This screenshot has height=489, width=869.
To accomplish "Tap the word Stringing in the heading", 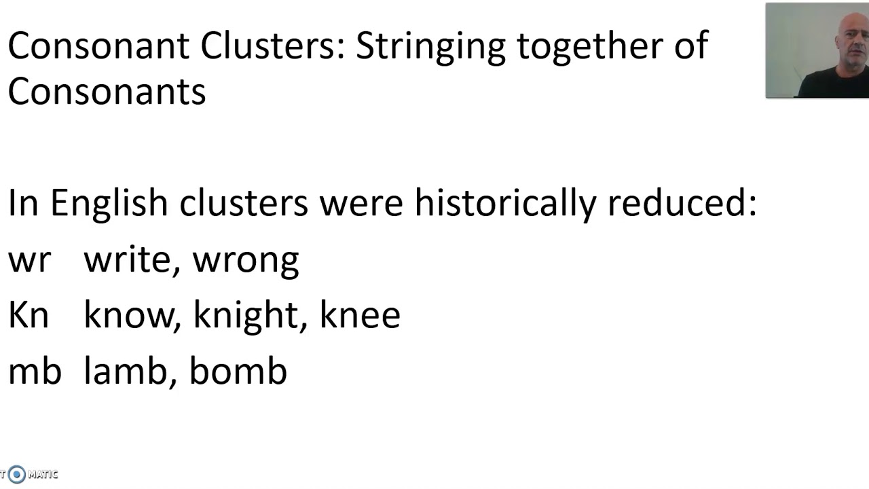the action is pos(430,48).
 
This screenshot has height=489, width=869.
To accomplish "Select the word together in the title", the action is pos(591,48).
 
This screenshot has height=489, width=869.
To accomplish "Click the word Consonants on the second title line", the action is pos(107,91).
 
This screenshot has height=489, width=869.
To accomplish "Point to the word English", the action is pos(109,203).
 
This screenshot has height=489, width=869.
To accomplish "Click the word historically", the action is pos(506,203).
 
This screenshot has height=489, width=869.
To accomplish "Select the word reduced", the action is pos(682,202).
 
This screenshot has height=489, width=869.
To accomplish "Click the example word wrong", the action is pos(246,262).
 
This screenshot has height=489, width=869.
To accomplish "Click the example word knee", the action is pos(360,315).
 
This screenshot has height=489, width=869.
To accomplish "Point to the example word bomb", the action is pos(238,370).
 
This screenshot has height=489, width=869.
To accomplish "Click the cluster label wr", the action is pos(29,260).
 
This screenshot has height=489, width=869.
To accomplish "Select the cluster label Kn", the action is pos(29,315).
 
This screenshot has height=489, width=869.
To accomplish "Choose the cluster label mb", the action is pos(35,370).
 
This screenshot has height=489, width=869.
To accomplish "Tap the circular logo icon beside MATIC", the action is pos(17,474).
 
